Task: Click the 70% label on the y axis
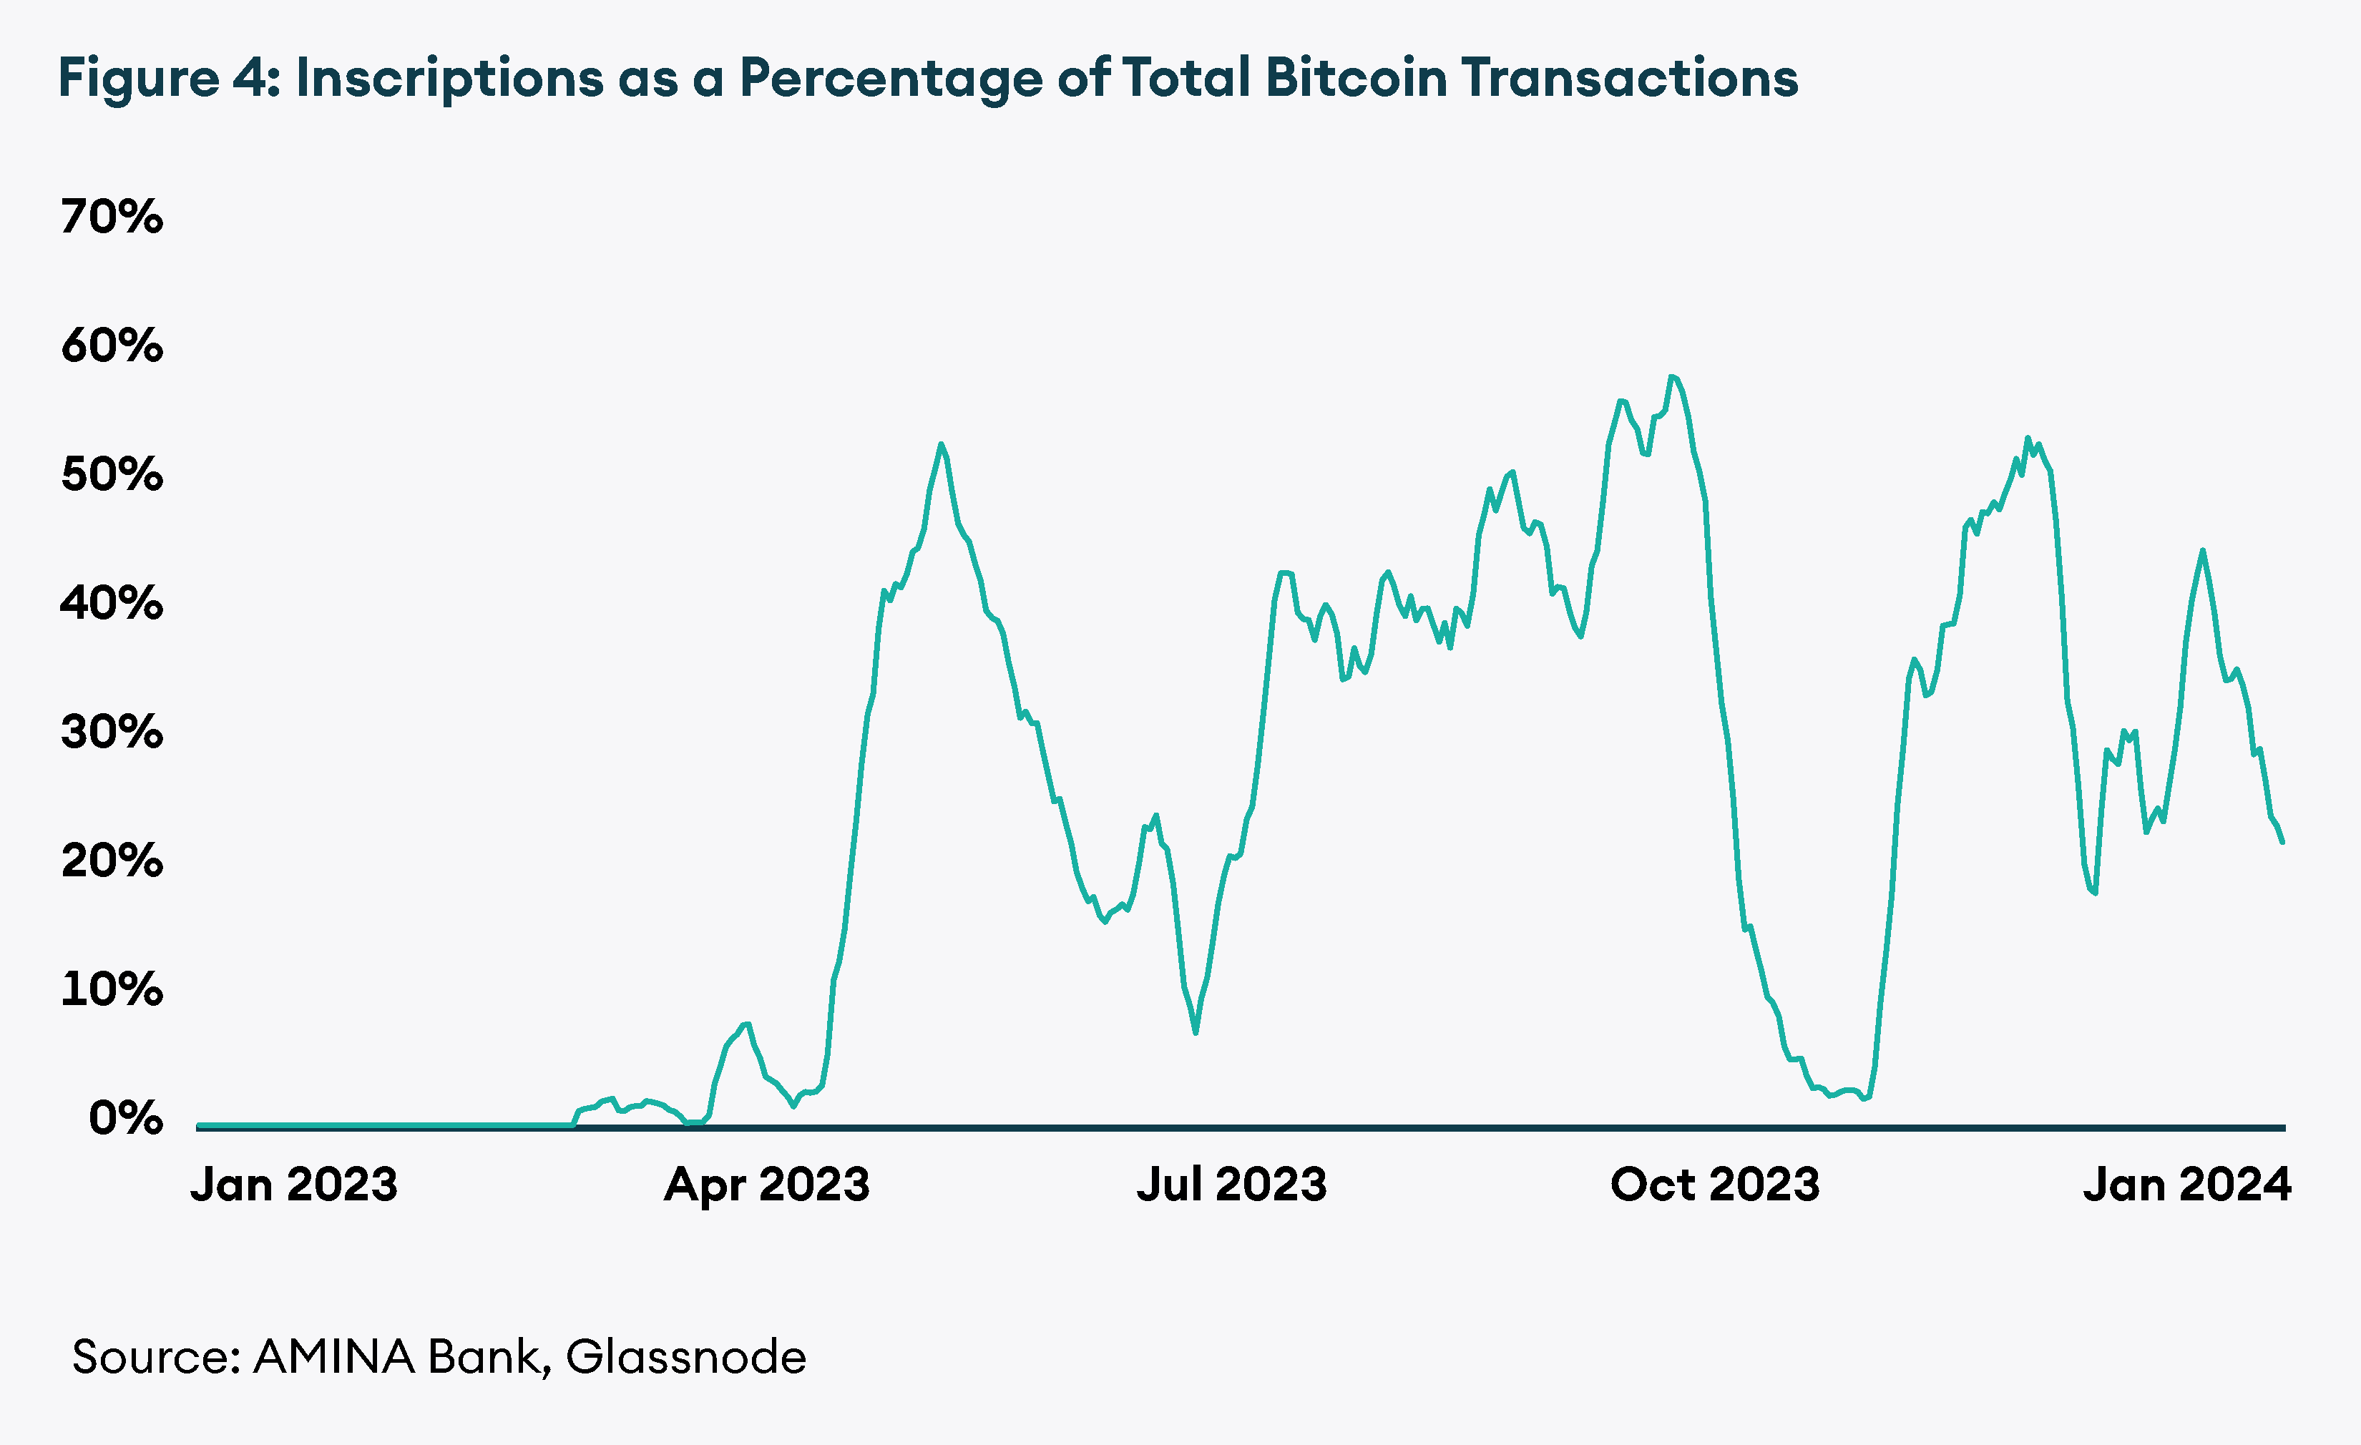coord(111,217)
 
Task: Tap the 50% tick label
coord(111,474)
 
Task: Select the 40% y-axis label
coord(111,604)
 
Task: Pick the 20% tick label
coord(111,861)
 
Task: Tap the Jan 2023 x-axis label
coord(293,1185)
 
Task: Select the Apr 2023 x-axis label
coord(766,1185)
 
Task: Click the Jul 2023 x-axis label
coord(1231,1185)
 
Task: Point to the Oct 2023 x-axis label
coord(1714,1185)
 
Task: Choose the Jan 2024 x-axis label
coord(2186,1185)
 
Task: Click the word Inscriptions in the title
coord(449,78)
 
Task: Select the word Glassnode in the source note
coord(686,1357)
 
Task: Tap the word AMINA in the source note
coord(333,1357)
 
